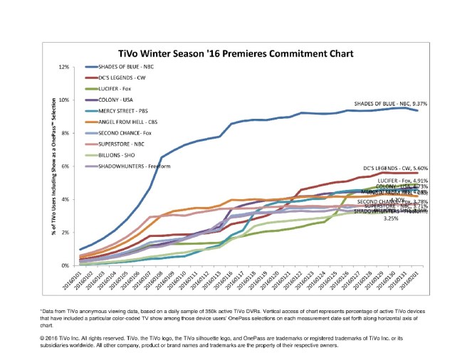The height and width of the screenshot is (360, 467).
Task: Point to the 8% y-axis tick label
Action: [x=65, y=133]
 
